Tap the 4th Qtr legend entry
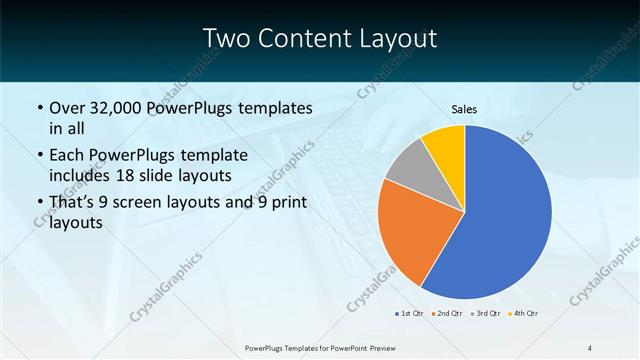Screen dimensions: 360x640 526,313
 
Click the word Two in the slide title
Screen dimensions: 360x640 227,39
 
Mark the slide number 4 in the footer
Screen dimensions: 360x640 590,347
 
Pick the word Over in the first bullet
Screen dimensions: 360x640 69,107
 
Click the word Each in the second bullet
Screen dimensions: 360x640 68,155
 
